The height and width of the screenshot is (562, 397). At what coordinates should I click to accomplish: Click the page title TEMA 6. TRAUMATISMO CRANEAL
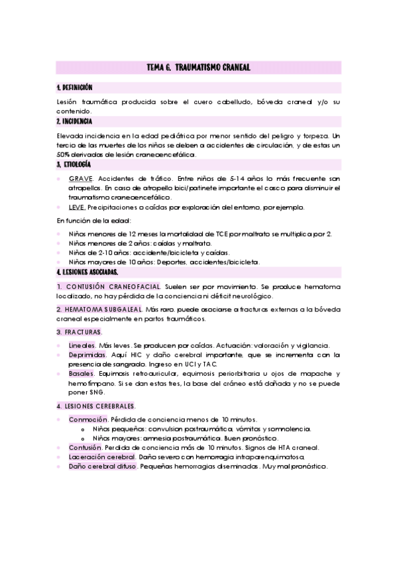point(198,68)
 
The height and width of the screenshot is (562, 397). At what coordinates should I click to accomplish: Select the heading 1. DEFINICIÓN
point(74,87)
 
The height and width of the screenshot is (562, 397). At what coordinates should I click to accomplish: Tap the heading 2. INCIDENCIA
point(74,122)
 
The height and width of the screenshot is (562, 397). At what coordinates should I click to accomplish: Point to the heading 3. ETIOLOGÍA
point(74,164)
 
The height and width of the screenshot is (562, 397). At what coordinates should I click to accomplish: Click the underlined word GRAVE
point(82,179)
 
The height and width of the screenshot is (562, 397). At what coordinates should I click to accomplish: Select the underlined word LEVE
point(77,207)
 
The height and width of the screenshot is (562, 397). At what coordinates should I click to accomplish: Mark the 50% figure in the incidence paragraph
point(64,154)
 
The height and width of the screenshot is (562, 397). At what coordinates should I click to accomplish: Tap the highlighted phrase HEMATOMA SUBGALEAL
point(102,309)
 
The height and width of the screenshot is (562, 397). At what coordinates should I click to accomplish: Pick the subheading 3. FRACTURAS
point(79,331)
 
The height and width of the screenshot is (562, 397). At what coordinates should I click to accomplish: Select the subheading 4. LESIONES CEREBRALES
point(95,406)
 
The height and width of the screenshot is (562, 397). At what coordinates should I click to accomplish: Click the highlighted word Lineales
point(82,345)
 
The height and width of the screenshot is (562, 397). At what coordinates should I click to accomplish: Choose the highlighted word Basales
point(80,374)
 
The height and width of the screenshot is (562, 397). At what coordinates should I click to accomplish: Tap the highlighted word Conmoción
point(87,420)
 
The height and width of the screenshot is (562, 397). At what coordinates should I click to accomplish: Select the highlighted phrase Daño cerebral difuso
point(102,467)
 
